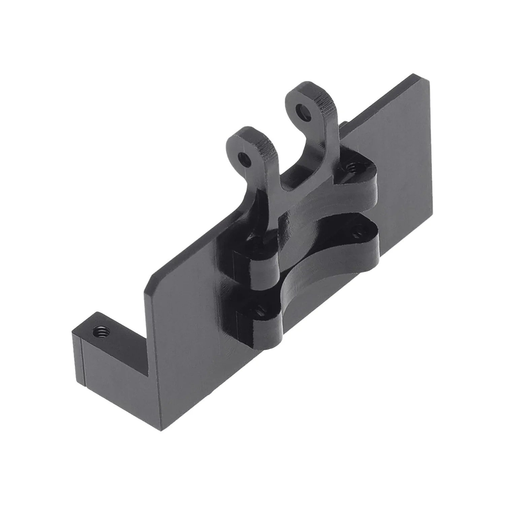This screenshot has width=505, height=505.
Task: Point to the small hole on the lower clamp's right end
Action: [358, 232]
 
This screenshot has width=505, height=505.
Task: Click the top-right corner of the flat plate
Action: [430, 80]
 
